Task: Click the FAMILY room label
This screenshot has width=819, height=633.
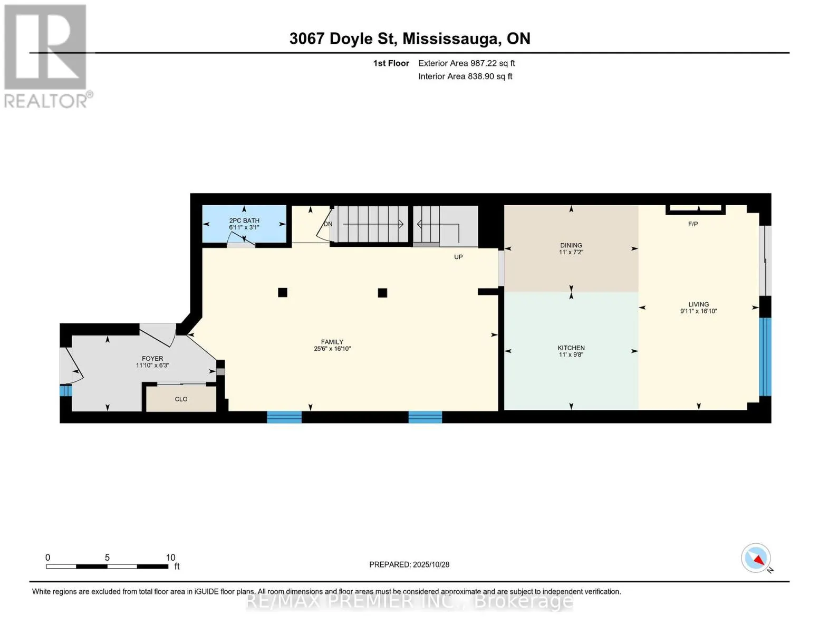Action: click(332, 342)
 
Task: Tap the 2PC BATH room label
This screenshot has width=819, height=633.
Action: click(244, 220)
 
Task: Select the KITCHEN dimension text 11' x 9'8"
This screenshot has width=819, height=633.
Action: click(571, 355)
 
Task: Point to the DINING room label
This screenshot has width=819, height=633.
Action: click(571, 245)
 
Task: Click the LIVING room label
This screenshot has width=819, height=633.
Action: click(698, 304)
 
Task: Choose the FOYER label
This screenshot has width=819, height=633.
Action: click(152, 359)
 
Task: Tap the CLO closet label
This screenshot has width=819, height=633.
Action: click(181, 399)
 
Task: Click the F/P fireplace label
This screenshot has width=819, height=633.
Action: click(693, 224)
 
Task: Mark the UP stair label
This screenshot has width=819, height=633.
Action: click(458, 257)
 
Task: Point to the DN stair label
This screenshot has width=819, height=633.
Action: click(328, 224)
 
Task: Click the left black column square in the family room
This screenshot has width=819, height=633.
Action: click(283, 293)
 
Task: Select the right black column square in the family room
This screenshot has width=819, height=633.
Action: click(382, 293)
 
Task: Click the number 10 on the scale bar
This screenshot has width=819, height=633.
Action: click(171, 557)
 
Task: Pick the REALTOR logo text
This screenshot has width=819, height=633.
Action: click(46, 101)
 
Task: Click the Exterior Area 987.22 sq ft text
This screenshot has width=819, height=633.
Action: click(467, 63)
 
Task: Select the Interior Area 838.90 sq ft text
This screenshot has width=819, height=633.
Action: click(466, 76)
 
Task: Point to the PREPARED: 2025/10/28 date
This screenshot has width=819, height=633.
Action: click(409, 564)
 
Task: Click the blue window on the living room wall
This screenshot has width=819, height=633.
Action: click(765, 357)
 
